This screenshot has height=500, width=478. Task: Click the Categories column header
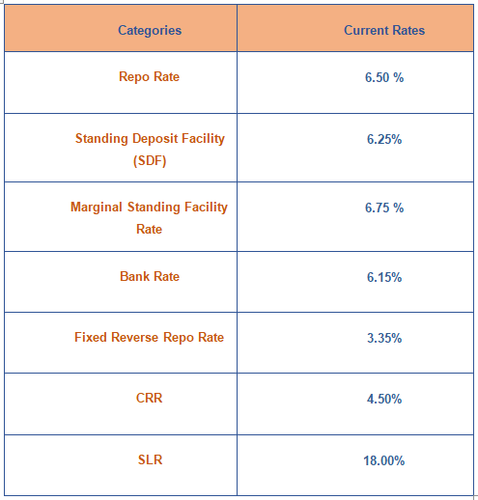point(150,31)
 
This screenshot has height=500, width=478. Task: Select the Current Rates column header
point(384,30)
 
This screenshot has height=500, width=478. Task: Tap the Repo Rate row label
point(149,77)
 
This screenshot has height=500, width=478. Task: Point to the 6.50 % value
point(384,77)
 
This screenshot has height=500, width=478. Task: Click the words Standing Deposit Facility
point(150,139)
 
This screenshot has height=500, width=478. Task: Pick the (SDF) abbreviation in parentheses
point(150,160)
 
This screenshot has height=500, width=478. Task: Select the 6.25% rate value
point(384,139)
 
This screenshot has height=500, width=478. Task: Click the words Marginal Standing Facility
point(149,208)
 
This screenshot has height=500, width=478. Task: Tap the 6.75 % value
point(384,208)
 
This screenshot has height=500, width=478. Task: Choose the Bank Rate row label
point(150,276)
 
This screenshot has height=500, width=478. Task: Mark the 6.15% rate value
point(384,277)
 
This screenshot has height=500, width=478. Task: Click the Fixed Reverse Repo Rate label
point(149,338)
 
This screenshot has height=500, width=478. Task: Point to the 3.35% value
point(384,338)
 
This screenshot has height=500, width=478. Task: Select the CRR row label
point(149,399)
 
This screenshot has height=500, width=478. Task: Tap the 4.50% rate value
point(384,400)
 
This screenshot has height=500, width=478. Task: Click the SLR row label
point(150,459)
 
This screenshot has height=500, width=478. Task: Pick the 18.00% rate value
point(383,460)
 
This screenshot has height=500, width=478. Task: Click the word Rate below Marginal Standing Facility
point(149,230)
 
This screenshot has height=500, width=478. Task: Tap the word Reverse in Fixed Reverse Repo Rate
point(135,338)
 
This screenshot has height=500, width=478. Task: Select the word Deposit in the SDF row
point(155,139)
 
